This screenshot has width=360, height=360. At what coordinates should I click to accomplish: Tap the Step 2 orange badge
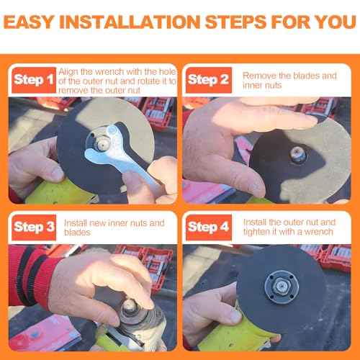coord(209,80)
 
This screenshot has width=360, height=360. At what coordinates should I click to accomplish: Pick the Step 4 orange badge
coord(209,228)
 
